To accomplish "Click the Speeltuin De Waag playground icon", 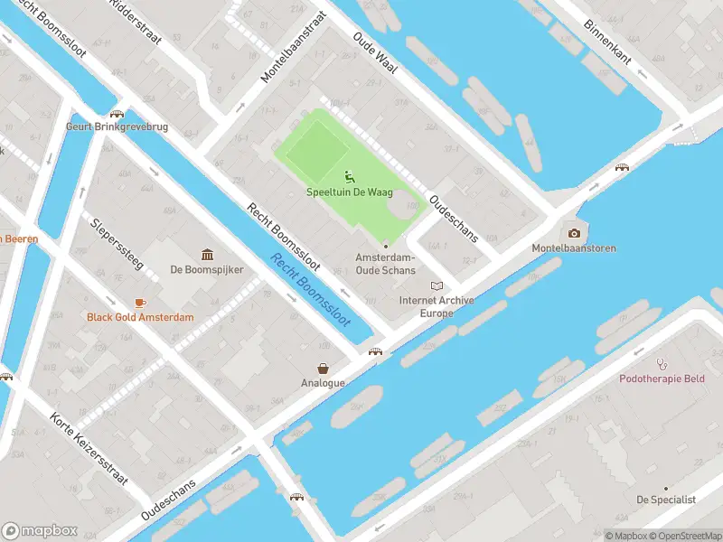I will point(349,176).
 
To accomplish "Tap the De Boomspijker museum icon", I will point(207,253).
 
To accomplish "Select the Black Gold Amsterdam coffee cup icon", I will point(140,302).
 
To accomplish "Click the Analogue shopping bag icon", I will point(323,368).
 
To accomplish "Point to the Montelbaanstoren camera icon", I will point(574,232).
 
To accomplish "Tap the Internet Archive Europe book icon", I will point(438,285).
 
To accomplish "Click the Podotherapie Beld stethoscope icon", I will point(662,363).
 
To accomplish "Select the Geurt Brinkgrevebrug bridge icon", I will point(117,114).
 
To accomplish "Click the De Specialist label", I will point(666,499).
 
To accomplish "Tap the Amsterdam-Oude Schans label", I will point(386,264).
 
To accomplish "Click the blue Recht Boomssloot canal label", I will point(310,289).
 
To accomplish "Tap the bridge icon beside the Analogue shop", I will point(374,351).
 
